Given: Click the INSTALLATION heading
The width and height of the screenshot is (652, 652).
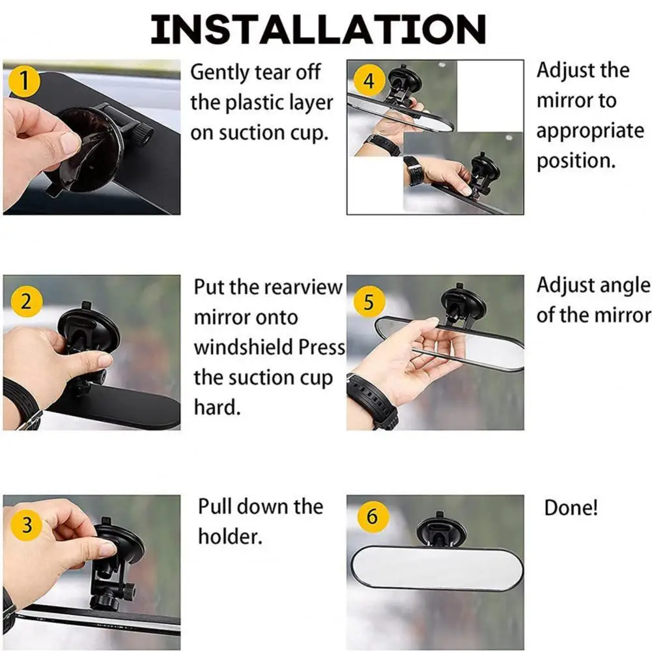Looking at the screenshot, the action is [x=318, y=29].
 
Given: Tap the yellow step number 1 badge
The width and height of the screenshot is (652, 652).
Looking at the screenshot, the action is [x=24, y=81].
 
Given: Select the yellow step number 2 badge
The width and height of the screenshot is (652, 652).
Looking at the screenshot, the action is [x=27, y=302].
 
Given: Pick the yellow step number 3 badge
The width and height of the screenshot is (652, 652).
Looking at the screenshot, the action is [x=27, y=525].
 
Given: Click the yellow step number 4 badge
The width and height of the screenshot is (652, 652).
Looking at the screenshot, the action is [x=369, y=81].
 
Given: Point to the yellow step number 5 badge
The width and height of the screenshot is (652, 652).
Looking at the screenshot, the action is [x=369, y=302].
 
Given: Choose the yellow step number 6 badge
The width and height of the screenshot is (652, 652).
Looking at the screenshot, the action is [x=373, y=517].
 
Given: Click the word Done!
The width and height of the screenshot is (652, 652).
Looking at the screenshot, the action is [x=571, y=507].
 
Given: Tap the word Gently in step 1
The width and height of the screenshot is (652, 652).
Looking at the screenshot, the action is [x=219, y=73].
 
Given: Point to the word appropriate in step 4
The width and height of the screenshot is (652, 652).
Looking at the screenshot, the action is [x=590, y=132].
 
